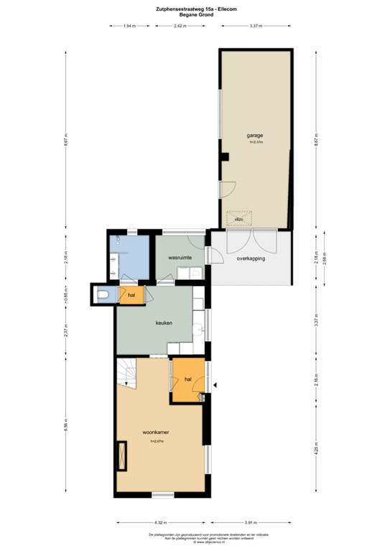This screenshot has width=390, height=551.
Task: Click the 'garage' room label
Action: [x=254, y=135]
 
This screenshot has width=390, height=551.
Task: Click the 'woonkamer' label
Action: [x=155, y=433]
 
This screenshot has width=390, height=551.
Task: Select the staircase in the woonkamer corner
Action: [x=127, y=373]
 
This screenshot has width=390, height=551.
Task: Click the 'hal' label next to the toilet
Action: [x=131, y=294]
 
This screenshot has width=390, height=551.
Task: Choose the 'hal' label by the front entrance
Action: [x=187, y=380]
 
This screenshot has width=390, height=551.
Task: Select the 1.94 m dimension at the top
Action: [x=129, y=26]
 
